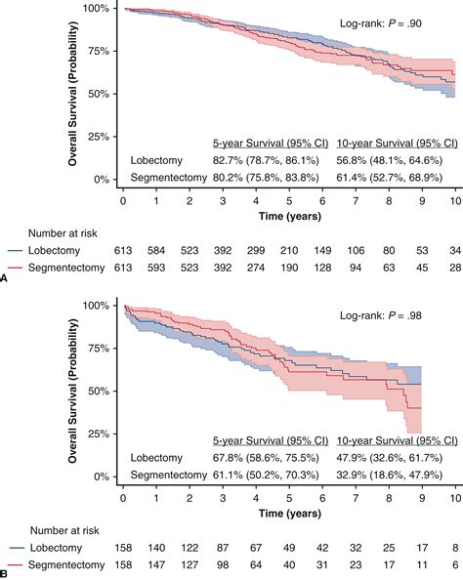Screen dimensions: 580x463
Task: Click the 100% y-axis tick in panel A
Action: coord(94,8)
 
